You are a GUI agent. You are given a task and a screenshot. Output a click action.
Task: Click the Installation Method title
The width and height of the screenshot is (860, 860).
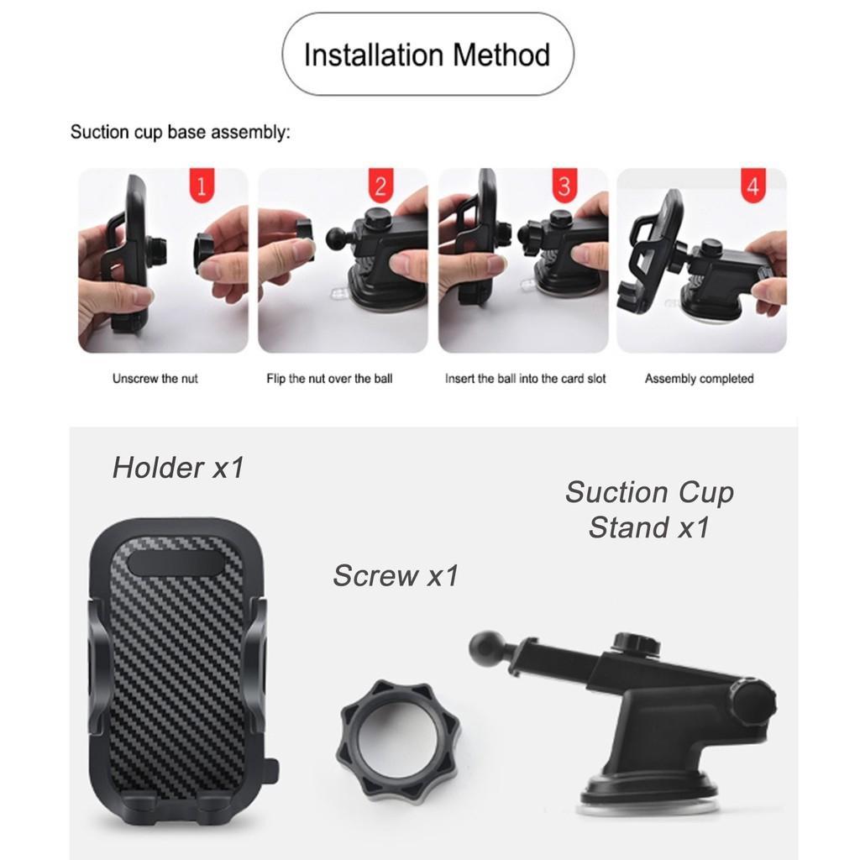coord(427,55)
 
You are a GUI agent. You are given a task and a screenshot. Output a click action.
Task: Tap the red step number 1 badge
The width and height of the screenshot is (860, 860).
coord(202,185)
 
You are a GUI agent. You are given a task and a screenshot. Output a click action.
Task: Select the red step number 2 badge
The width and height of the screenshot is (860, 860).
coord(380,185)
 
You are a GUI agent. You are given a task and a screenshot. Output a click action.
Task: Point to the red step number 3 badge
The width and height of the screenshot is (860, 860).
coord(564,185)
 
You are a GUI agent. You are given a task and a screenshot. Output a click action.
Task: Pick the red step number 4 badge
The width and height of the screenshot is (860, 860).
coord(752,185)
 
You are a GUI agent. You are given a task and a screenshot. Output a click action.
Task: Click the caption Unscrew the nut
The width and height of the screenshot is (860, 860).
coord(155,379)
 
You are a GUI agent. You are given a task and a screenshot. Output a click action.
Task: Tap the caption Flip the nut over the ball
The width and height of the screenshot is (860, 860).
coord(329,379)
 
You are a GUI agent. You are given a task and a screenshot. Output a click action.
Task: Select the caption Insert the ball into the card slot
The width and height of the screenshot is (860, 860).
coord(526,379)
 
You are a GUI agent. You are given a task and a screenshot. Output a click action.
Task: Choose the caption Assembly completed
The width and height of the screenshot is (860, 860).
coord(700,379)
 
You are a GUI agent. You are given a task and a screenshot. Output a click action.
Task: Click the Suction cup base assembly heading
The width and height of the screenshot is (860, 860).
coord(181,132)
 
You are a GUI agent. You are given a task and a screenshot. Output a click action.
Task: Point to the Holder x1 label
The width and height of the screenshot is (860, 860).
coord(178,468)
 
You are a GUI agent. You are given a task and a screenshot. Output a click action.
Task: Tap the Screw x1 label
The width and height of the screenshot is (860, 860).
coord(396,575)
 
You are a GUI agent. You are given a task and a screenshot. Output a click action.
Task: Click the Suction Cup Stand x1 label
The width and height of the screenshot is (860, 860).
coord(649,510)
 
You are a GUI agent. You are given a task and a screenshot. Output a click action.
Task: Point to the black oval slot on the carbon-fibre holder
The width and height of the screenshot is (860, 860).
coord(176,564)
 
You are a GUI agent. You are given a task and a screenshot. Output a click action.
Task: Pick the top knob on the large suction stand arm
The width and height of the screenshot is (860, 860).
coord(637,642)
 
